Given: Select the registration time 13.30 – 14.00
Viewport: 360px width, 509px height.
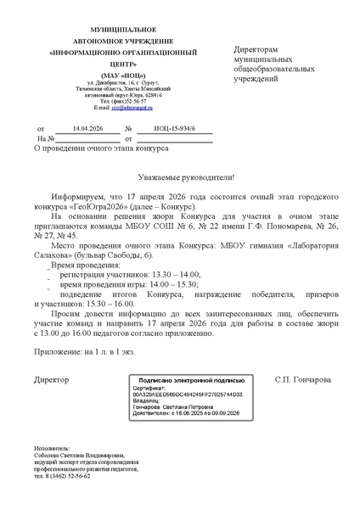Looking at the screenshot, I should tap(175, 253).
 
